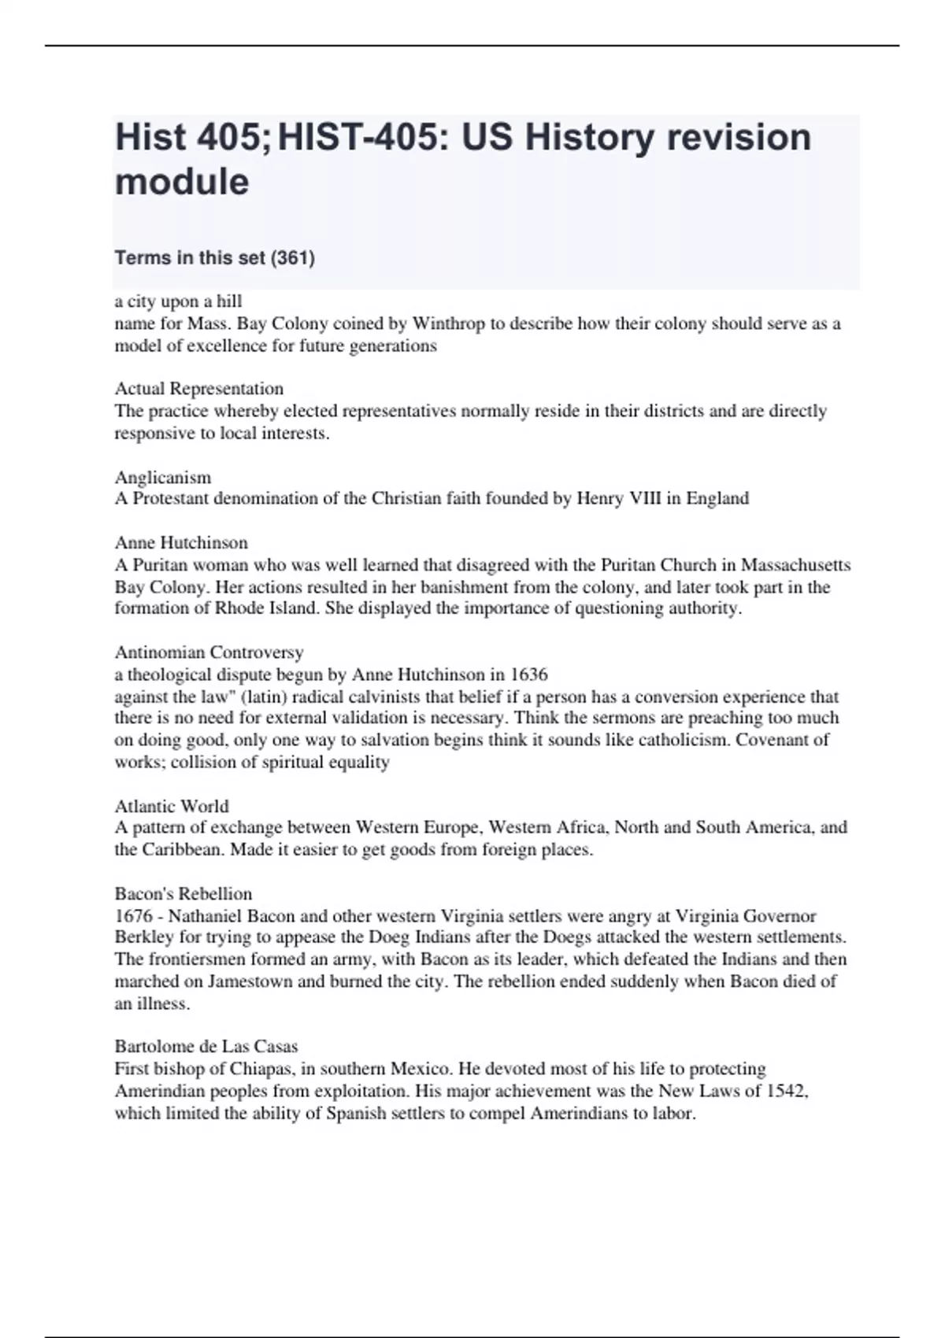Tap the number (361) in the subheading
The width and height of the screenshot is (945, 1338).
292,257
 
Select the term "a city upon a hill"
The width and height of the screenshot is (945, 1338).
178,301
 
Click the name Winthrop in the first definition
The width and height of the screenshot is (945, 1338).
449,323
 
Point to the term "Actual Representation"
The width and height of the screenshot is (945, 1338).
199,389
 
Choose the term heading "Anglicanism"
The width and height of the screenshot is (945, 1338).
163,477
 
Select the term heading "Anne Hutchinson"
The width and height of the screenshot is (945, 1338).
181,543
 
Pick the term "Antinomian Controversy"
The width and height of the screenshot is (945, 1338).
209,652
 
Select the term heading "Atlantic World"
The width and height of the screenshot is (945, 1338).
172,806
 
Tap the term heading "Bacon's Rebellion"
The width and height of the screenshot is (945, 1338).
183,894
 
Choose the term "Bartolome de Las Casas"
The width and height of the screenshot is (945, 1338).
206,1047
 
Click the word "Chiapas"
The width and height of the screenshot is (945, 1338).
261,1069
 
